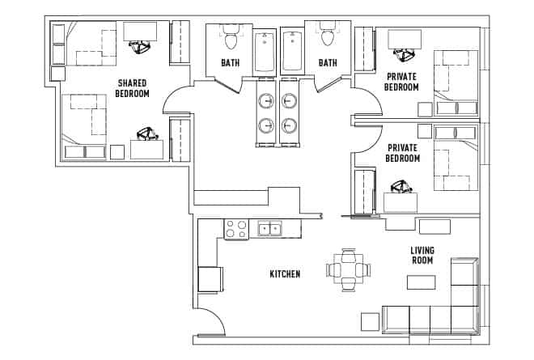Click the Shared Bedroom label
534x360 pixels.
(133, 88)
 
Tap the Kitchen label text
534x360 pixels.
(285, 274)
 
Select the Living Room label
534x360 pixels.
(421, 256)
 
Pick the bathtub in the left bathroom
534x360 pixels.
(265, 53)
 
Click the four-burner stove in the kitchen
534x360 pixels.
(235, 230)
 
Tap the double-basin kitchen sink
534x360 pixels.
(269, 230)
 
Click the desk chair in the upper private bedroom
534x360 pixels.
(402, 55)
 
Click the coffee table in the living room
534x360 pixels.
(420, 283)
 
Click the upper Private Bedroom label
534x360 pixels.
(402, 82)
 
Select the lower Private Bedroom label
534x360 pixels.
(403, 154)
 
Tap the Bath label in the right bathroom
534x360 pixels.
(328, 62)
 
